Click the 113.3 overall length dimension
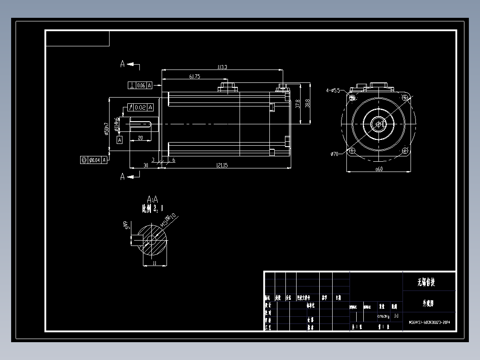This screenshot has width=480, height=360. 222,67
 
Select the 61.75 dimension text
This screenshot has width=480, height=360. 195,77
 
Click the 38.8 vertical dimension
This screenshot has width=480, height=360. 307,103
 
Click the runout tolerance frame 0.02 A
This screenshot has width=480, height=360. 140,107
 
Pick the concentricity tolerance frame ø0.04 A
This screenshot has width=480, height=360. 93,160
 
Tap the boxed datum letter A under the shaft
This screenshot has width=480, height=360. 119,140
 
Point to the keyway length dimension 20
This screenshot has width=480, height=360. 140,138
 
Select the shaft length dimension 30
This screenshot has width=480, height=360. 145,165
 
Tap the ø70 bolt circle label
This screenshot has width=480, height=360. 335,154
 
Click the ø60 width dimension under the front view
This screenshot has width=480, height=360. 379,169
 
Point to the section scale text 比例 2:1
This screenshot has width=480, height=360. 153,208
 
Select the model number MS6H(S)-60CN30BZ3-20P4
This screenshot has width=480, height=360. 429,322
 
